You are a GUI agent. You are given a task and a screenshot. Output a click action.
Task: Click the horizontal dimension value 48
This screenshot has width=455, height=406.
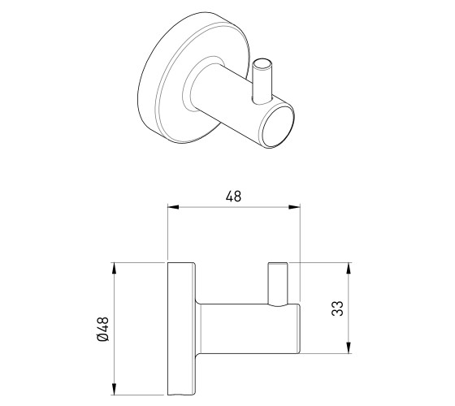coord(233,197)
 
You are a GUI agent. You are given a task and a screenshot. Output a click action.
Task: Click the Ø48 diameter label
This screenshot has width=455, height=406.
coord(103,329)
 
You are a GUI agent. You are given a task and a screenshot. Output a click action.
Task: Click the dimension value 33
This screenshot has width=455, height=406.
coord(337,309)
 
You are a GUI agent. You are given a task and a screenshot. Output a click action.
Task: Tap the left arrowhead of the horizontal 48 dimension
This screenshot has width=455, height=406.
coord(173,207)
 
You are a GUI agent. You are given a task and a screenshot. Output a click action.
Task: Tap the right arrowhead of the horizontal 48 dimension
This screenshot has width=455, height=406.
coord(294,207)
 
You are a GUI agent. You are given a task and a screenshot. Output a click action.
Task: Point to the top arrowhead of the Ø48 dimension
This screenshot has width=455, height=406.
coord(114,268)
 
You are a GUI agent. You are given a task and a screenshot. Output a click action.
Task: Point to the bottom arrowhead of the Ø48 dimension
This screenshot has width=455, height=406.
coord(114,389)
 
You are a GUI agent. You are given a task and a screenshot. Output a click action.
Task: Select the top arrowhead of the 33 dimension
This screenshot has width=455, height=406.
coord(349,268)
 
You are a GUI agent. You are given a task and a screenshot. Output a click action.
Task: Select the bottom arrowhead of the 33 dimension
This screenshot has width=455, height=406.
coord(349,348)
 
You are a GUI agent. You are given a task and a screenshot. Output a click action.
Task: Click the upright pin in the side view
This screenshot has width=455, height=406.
coord(278,283)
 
